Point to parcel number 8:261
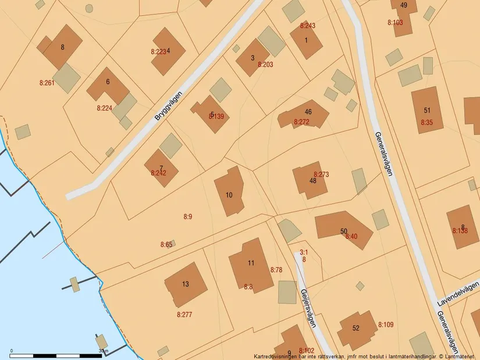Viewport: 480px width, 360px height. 47,83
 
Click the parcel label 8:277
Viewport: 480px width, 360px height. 184,315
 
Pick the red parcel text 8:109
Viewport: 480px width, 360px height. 386,325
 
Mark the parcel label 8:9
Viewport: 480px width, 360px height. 187,217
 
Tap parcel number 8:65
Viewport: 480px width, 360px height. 166,245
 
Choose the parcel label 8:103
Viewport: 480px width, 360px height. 395,23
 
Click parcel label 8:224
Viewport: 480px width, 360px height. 104,108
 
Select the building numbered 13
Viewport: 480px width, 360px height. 186,284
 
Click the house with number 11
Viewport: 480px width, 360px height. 251,265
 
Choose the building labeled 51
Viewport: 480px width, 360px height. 427,110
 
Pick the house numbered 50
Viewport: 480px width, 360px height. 343,229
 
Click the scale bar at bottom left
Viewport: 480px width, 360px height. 56,354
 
